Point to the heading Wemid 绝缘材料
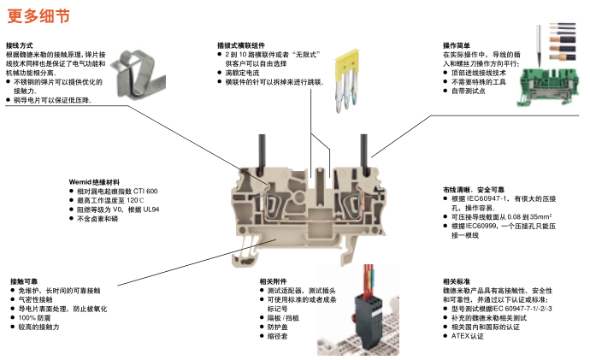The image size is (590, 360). tap(95, 181)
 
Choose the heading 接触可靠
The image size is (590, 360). tap(24, 281)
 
